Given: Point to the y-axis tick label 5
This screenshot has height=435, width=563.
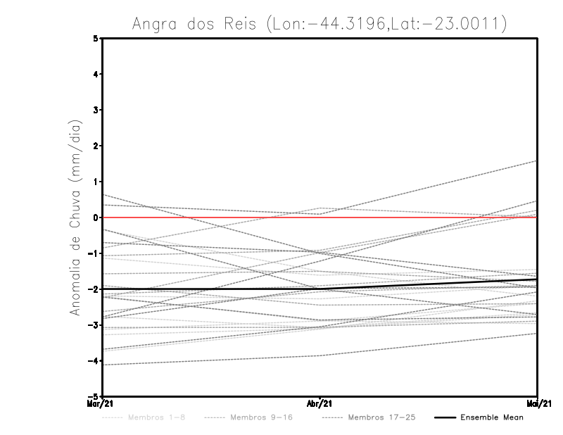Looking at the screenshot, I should click(96, 38).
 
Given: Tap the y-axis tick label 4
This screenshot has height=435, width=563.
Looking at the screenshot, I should click(96, 74).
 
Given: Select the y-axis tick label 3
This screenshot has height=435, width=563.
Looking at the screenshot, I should click(96, 110).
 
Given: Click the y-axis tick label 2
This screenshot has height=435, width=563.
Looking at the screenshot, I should click(96, 146).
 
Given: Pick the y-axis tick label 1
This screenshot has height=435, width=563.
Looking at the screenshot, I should click(96, 182).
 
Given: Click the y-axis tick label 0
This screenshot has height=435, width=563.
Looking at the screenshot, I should click(96, 217).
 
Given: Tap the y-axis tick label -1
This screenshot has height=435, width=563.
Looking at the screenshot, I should click(94, 253).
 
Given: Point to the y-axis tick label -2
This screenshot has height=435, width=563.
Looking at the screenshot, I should click(94, 289).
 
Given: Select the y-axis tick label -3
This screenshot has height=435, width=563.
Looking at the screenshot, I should click(94, 325).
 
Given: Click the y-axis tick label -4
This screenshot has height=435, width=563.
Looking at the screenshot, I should click(94, 361).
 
